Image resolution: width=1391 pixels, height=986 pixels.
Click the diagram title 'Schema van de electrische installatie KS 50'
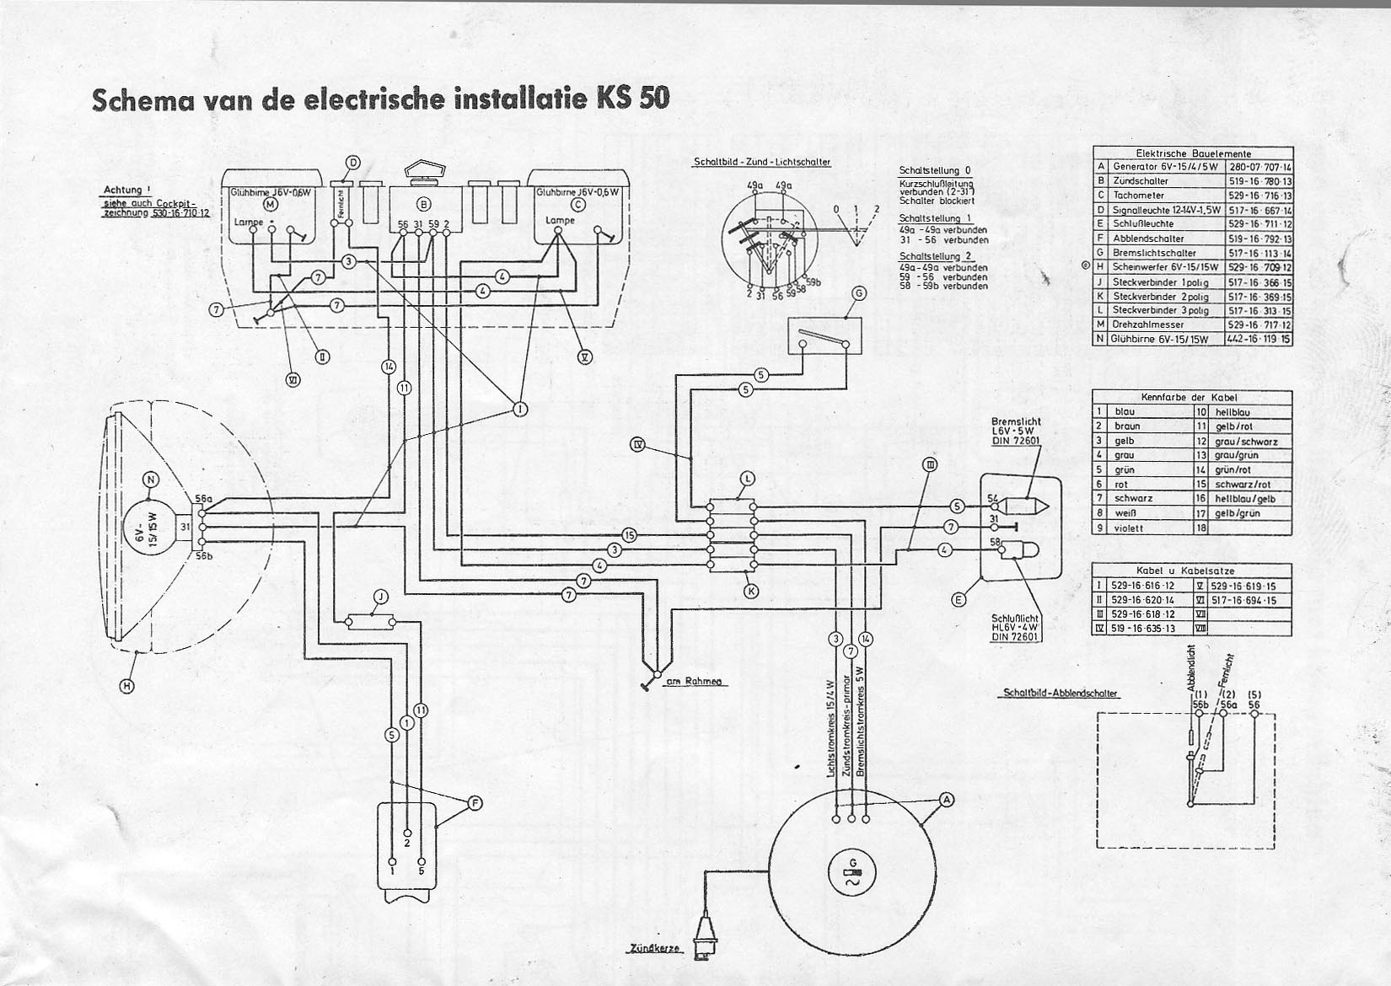tap(380, 99)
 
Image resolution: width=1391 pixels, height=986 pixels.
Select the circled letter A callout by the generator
tap(947, 799)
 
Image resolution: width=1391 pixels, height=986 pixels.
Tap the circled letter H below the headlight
tap(126, 686)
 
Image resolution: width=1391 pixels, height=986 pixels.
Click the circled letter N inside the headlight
tap(151, 480)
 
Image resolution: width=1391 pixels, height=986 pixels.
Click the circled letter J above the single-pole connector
tap(381, 597)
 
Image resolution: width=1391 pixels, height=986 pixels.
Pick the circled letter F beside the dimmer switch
tap(475, 803)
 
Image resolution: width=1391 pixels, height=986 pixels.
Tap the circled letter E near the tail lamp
tap(959, 600)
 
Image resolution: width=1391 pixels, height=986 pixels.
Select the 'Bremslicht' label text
tap(1017, 421)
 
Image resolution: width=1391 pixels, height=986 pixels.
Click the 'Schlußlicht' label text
tap(1015, 618)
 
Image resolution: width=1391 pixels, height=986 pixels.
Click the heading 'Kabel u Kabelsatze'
tap(1190, 571)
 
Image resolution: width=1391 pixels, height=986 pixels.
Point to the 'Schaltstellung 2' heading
tap(935, 255)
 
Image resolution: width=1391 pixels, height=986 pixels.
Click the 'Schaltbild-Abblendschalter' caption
tap(1061, 694)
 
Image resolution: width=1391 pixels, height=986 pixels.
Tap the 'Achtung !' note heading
tap(123, 190)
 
